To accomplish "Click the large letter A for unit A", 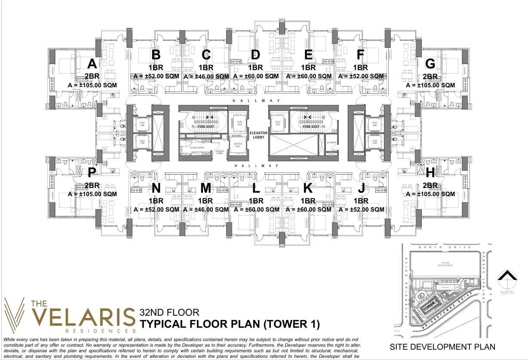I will coord(92,64).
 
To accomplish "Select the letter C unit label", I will coord(206,55).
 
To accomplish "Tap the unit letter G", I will coord(430,64).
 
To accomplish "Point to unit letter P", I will coord(92,173).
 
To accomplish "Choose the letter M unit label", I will coord(206,188).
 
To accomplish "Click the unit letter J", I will coord(361,188).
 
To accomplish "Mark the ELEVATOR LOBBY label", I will coord(258,135).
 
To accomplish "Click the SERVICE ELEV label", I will coord(237,145).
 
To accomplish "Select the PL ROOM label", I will coord(331,142).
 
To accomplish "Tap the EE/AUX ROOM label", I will coord(197,148).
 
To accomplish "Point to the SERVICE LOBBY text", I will coord(220,152).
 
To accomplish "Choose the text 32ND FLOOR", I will coord(169,313).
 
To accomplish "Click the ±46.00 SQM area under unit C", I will coord(206,76).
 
